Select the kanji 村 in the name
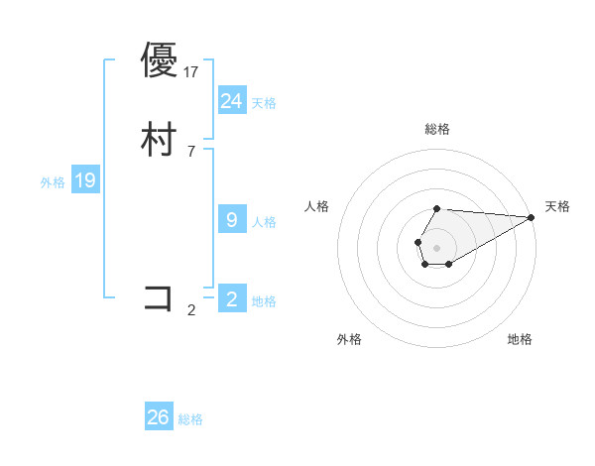coord(159,139)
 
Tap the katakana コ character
coord(159,297)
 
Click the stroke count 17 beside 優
coord(191,71)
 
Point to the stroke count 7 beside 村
coord(191,151)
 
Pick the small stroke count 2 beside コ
coord(191,309)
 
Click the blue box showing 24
coord(232,101)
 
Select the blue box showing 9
coord(232,220)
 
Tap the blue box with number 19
coord(85,180)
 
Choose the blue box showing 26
coord(159,417)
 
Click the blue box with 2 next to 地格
coord(232,299)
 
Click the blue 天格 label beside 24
coord(264,103)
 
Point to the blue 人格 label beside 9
coord(264,222)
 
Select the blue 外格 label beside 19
coord(53,182)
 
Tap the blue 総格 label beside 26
coord(190,419)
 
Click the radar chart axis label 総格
coord(437,129)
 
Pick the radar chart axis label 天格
coord(557,206)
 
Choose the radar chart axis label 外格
coord(349,339)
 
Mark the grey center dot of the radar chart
coord(436,246)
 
